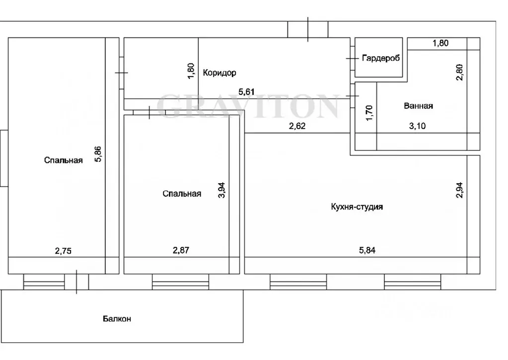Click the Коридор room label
pos(219,72)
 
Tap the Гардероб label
pos(381,58)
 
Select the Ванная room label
pos(418,106)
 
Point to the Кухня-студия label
pos(357,207)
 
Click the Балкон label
pos(117,318)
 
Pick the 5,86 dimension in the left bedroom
pos(98,154)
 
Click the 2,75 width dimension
pos(63,250)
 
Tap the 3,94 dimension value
pos(221,190)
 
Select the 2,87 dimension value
pos(181,250)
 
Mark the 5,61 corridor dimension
pos(246,92)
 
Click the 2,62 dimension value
pos(297,126)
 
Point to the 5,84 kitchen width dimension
pos(367,250)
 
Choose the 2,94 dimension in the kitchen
pos(459,190)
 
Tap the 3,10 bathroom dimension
pos(417,126)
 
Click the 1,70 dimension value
pos(369,113)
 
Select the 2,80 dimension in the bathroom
pos(459,72)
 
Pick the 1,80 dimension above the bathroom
pos(440,43)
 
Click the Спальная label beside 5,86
pos(64,160)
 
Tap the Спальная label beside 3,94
pos(182,194)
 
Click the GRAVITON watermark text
pos(248,106)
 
